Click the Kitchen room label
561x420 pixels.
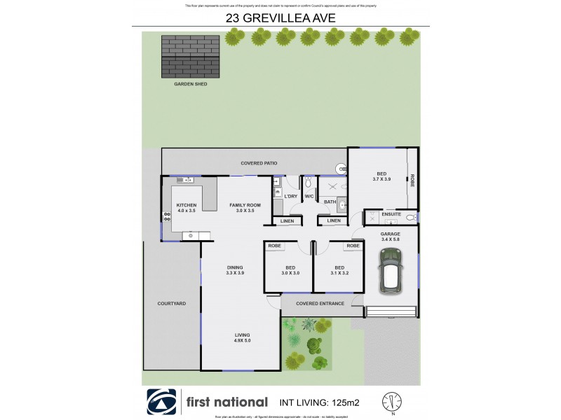click(x=187, y=208)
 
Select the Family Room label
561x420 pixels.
click(x=245, y=208)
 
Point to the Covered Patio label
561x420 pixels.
click(x=259, y=163)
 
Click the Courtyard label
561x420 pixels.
click(x=171, y=303)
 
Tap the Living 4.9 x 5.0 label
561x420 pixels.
click(x=242, y=338)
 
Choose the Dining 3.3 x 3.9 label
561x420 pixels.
click(x=234, y=270)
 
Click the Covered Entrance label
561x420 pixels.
click(x=320, y=303)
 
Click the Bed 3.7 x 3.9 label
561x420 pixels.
click(x=381, y=176)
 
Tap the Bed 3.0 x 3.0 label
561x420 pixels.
click(x=290, y=270)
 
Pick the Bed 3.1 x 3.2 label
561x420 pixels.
click(x=339, y=270)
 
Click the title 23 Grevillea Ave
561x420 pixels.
click(x=280, y=19)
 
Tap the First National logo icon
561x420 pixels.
click(x=162, y=402)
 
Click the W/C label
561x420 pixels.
click(x=309, y=196)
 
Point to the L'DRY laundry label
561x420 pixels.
click(x=291, y=196)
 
